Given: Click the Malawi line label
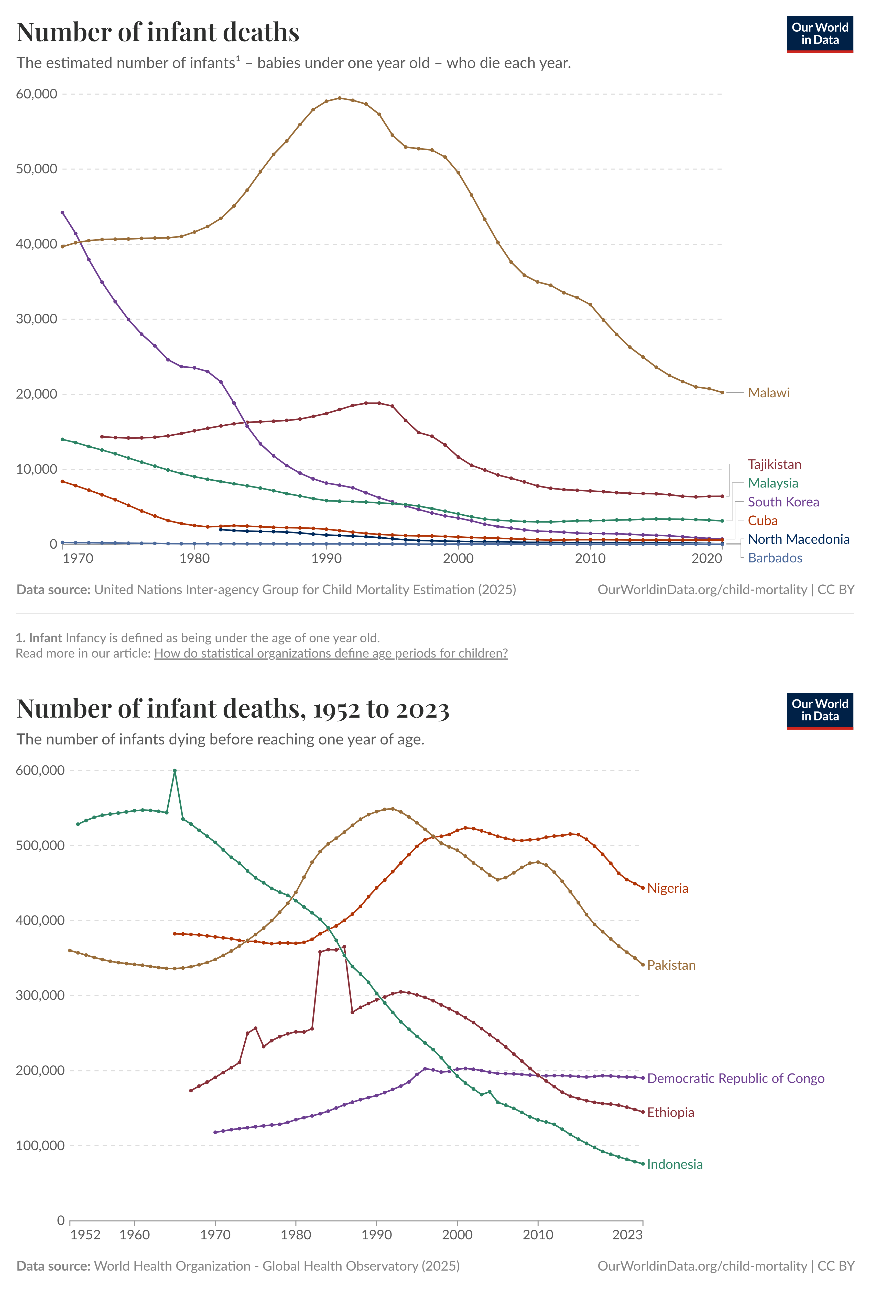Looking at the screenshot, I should (768, 392).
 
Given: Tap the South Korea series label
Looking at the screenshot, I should (783, 502).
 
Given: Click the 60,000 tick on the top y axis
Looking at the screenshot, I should (37, 94).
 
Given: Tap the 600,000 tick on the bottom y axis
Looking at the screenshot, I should (40, 770).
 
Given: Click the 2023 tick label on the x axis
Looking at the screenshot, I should (627, 1235).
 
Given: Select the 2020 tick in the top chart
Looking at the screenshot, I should (706, 558).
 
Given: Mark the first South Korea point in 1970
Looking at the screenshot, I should (62, 212).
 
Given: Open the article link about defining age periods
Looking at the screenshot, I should (331, 653).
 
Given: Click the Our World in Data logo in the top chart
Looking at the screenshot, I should (820, 34).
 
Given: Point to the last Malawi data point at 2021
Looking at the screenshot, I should (722, 392).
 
